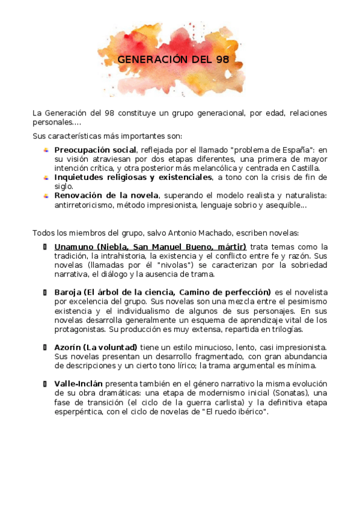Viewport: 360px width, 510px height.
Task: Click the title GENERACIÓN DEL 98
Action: click(173, 60)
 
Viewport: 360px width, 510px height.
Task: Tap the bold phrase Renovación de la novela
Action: click(106, 195)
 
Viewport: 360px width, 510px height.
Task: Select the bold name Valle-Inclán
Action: click(79, 383)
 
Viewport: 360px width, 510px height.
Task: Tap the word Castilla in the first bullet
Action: click(305, 168)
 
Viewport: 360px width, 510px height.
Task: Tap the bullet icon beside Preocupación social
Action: click(46, 150)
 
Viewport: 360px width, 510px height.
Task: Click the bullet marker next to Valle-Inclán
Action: click(46, 383)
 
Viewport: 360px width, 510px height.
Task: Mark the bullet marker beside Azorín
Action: click(46, 348)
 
